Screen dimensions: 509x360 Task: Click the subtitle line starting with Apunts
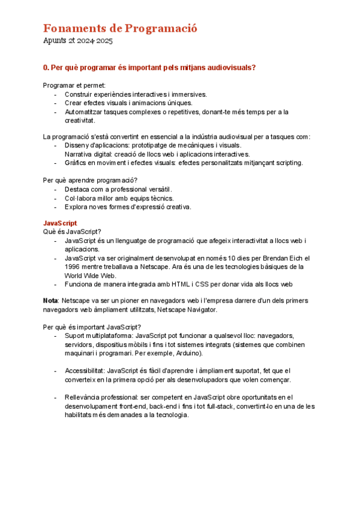click(x=78, y=41)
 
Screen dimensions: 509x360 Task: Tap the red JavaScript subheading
click(x=60, y=223)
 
